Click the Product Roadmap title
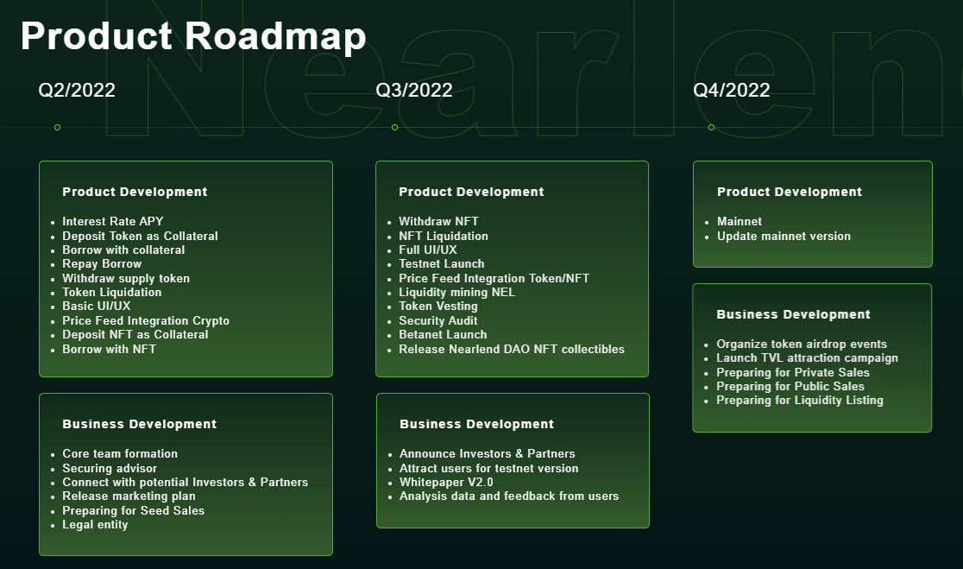193,36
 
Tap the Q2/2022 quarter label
77,91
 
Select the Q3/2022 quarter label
414,91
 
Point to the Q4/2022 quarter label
732,91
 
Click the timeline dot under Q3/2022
395,127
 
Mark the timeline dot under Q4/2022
711,127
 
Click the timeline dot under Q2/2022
57,127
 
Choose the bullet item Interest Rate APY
113,221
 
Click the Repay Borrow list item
102,263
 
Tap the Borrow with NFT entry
110,349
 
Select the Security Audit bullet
437,320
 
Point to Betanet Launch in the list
443,334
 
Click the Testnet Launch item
442,263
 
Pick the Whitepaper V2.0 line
446,482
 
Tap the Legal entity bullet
95,525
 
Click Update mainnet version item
784,236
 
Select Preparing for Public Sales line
790,387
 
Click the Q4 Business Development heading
794,314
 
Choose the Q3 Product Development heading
471,192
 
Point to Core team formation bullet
120,453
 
